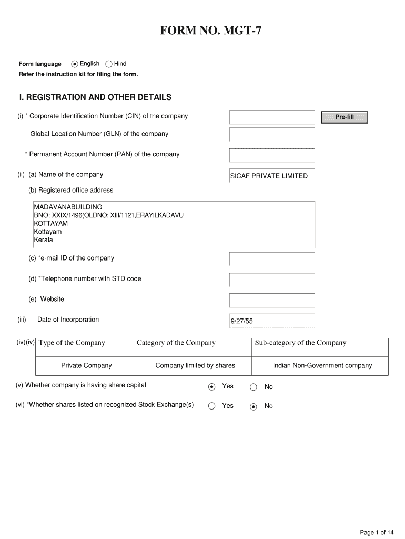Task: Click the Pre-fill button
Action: (345, 117)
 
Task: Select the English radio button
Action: (75, 64)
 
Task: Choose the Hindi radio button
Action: (109, 64)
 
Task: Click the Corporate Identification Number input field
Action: (271, 117)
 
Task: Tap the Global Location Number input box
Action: (271, 135)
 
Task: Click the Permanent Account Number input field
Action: (271, 155)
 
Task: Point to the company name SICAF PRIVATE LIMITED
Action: (269, 176)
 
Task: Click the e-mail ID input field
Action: (271, 259)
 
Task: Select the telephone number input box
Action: (271, 280)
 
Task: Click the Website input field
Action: (271, 300)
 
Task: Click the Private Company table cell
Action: (86, 365)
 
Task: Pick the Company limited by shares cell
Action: (195, 365)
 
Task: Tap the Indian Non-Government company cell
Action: (322, 365)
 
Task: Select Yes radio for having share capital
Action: (211, 387)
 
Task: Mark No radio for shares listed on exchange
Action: (254, 406)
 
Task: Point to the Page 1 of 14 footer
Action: (377, 532)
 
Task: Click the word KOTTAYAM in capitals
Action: (51, 223)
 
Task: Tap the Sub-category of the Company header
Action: (300, 343)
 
